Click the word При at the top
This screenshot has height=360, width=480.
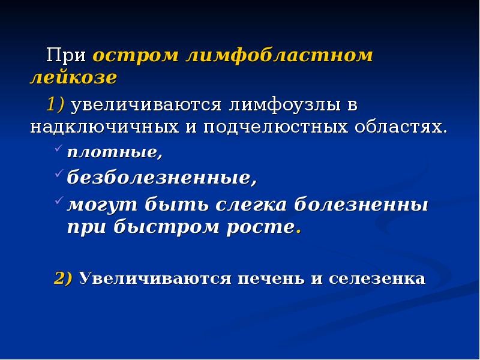click(x=67, y=56)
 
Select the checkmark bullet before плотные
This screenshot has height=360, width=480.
click(x=58, y=148)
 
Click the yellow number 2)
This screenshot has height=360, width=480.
click(x=63, y=278)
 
